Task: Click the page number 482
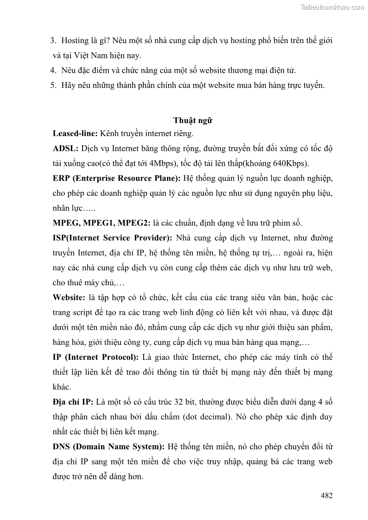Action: click(327, 495)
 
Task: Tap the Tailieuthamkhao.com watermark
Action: click(332, 7)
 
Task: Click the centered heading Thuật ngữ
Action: click(193, 120)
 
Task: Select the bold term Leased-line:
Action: click(75, 134)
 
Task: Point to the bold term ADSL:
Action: click(66, 149)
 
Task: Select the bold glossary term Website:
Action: click(69, 297)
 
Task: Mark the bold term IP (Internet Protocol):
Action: click(95, 357)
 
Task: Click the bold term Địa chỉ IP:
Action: click(74, 401)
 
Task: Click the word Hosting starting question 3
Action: click(75, 41)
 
